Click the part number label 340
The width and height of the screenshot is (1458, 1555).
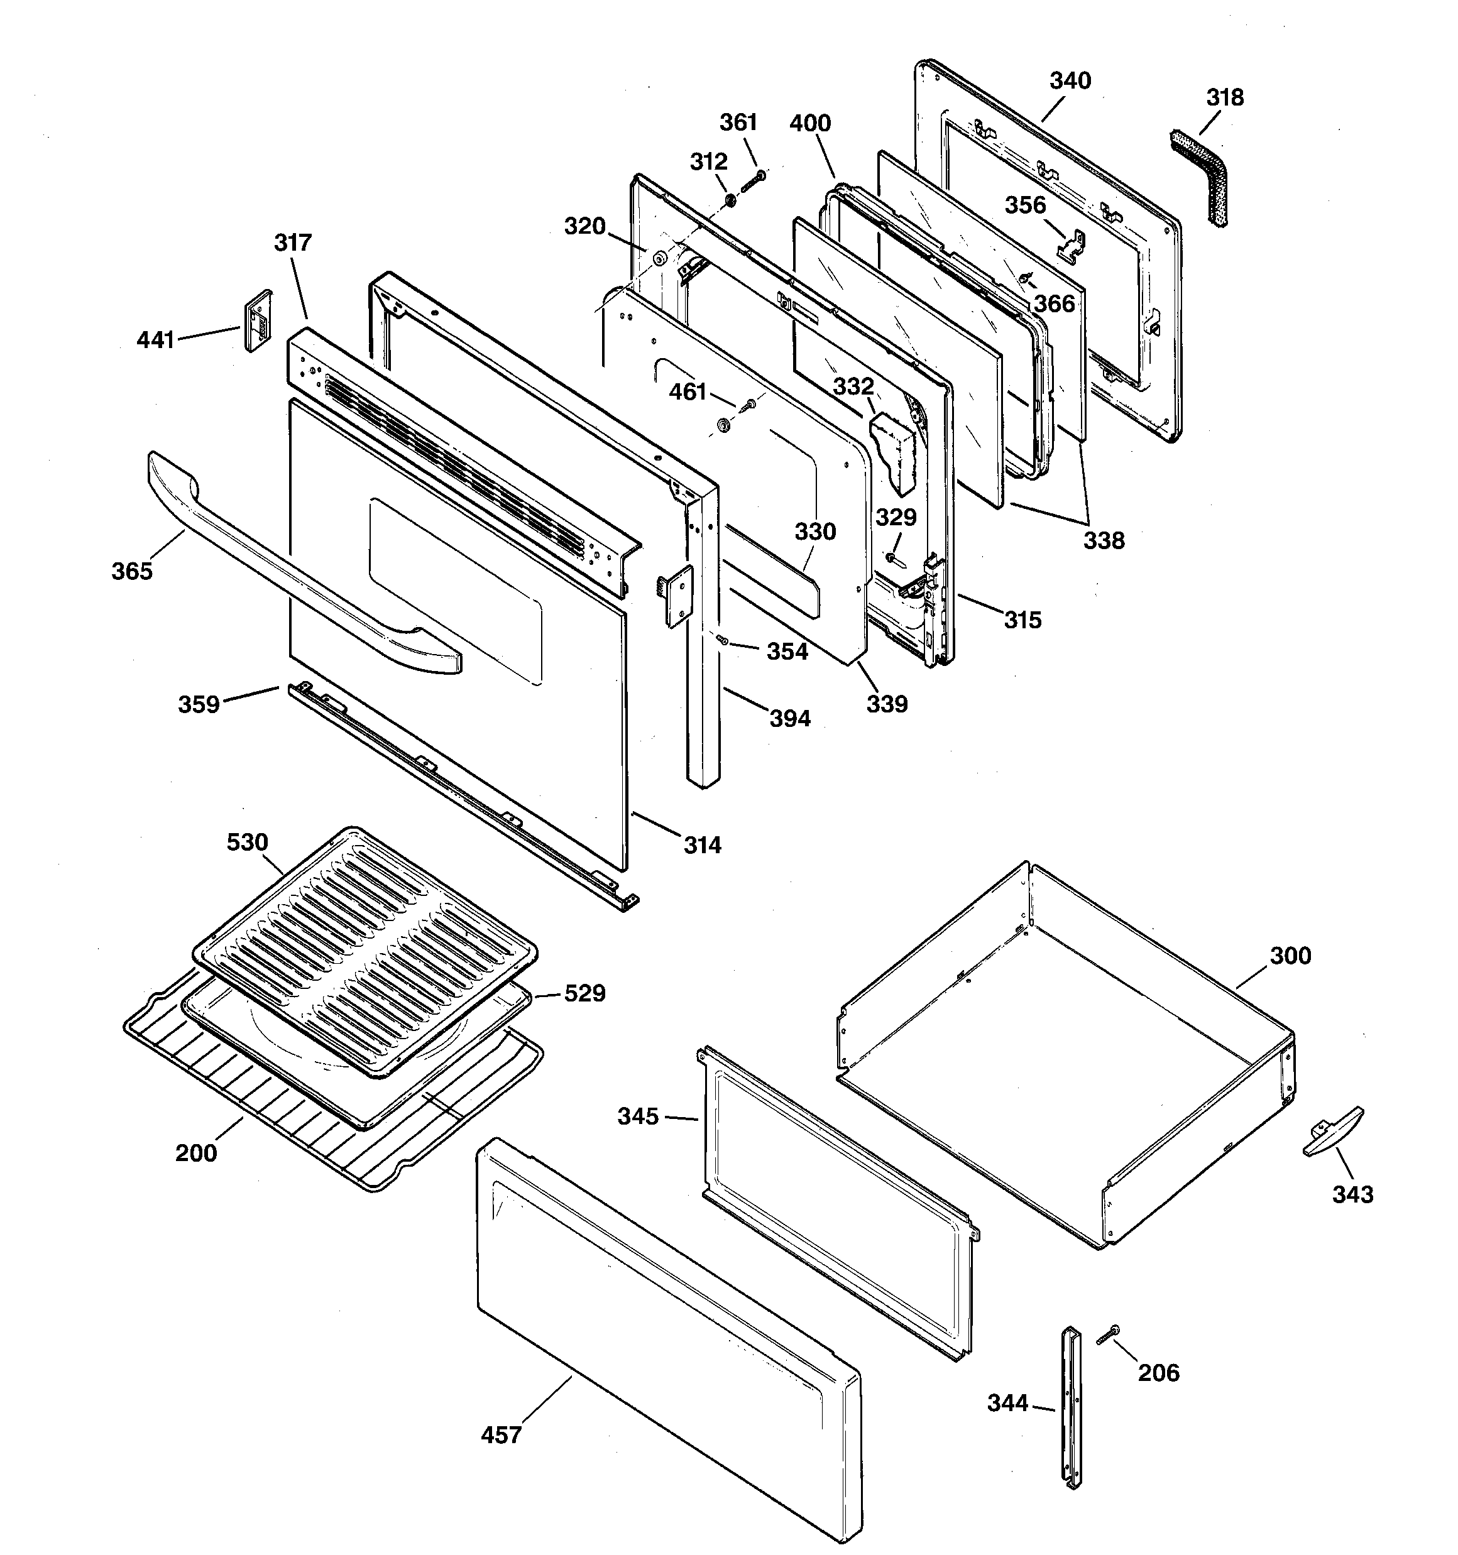coord(1070,80)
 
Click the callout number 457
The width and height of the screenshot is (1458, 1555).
coord(501,1434)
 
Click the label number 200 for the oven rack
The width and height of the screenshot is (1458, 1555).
coord(195,1152)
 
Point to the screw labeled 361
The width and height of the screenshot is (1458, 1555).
coord(750,179)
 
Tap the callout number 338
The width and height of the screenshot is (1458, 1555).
coord(1104,540)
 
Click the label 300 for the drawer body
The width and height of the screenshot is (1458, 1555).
coord(1290,955)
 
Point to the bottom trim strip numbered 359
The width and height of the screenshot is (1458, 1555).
coord(462,794)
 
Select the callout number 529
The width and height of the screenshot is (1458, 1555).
coord(584,993)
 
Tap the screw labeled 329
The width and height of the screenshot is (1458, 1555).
coord(893,558)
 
